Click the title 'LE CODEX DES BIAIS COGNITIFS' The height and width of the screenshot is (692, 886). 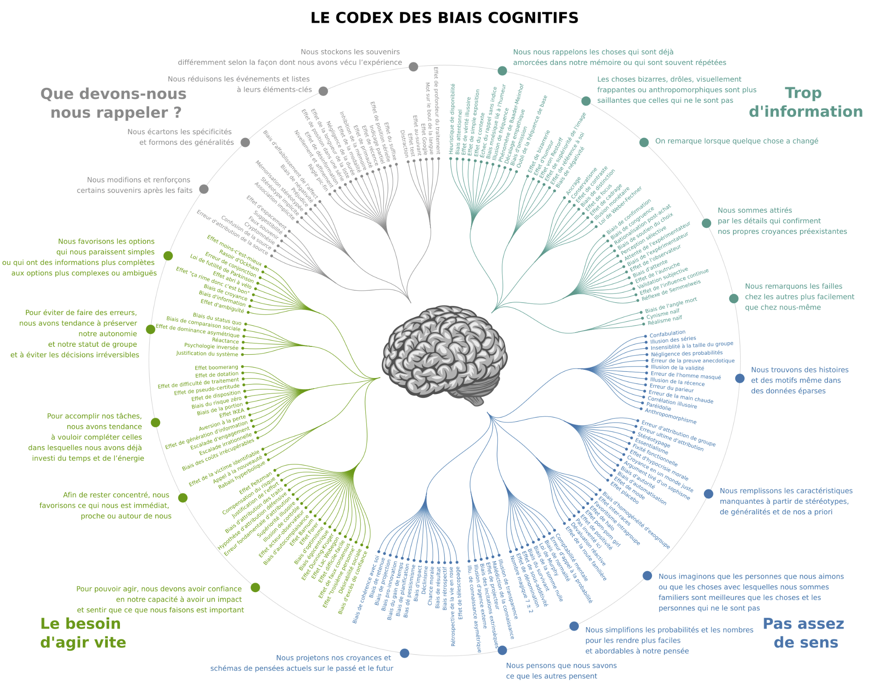coord(444,18)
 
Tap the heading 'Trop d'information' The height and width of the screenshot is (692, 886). coord(805,102)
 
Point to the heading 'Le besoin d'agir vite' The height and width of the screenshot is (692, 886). coord(83,633)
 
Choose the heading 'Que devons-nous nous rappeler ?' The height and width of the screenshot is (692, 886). coord(114,103)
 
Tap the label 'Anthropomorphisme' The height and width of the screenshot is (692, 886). coord(670,416)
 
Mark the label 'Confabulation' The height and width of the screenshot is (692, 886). coord(667,333)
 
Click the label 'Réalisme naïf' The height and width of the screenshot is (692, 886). coord(664,320)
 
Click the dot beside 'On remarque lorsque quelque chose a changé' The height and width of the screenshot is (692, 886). coord(644,142)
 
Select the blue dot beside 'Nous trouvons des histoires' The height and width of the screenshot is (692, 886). coord(740,378)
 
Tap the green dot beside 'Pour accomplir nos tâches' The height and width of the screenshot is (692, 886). coord(155,422)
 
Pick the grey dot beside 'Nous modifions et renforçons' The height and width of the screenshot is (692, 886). coord(204,189)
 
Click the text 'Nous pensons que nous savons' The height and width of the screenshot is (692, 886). coord(561,665)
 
